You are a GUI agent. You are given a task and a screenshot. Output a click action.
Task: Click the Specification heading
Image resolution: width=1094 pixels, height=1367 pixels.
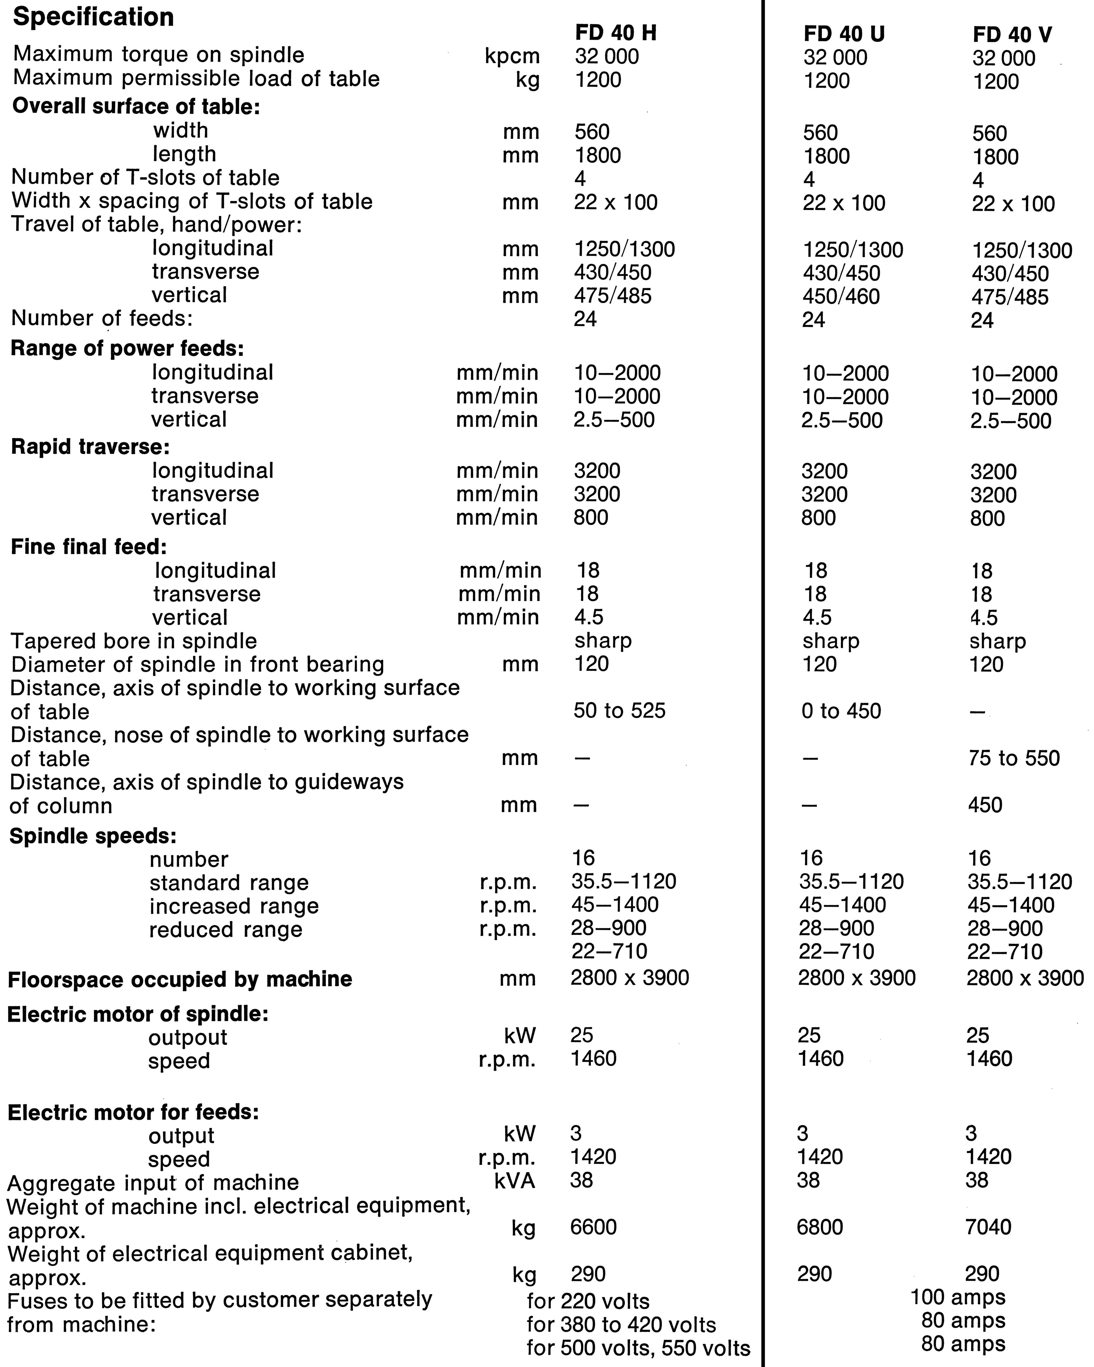(93, 17)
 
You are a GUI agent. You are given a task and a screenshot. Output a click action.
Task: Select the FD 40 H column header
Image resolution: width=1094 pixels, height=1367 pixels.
(616, 33)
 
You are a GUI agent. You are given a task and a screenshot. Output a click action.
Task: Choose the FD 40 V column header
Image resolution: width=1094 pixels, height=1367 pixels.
(1012, 35)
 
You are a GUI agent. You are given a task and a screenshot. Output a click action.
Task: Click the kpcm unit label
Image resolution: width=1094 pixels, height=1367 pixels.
(512, 56)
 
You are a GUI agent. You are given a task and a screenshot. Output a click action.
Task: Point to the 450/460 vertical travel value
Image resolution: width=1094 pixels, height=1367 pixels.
(841, 296)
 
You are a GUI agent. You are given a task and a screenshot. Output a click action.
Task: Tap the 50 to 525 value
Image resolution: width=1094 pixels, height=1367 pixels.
(619, 711)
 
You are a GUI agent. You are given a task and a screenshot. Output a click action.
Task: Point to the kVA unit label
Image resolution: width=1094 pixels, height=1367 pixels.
(515, 1180)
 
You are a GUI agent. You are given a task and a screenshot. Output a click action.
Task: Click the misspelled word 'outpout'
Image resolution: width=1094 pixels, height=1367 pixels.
(188, 1037)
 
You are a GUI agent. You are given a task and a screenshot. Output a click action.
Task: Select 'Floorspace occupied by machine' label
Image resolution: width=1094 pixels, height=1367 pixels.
(180, 979)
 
